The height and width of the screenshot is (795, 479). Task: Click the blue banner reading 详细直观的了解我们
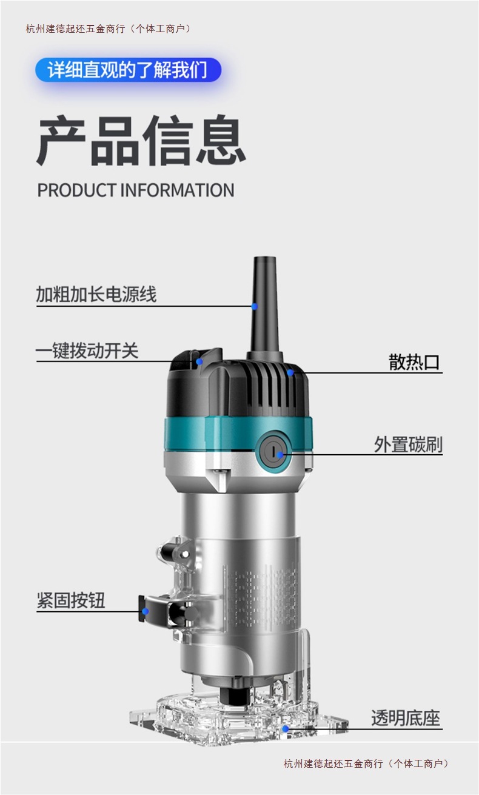(128, 70)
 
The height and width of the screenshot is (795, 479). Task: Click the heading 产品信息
(141, 141)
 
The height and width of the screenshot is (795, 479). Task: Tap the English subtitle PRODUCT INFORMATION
(136, 190)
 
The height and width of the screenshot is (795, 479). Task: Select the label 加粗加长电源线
(96, 295)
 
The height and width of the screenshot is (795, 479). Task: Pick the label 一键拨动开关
(87, 351)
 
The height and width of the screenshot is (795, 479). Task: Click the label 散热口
(414, 362)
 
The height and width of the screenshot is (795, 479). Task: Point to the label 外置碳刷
(408, 444)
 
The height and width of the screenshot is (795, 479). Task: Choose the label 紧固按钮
(71, 600)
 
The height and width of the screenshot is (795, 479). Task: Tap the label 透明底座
(406, 719)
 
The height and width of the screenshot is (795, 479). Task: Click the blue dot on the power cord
(255, 306)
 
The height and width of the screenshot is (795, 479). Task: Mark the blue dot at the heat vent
(291, 372)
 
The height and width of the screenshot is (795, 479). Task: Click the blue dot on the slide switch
(199, 361)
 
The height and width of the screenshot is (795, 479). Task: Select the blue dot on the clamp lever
(146, 611)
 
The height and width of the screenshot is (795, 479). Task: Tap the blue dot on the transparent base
(285, 728)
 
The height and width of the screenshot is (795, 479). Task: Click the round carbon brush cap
(274, 453)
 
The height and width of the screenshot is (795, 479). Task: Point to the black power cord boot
(264, 303)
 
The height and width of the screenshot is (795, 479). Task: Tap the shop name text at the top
(109, 29)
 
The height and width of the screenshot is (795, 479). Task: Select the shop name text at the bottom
(367, 763)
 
